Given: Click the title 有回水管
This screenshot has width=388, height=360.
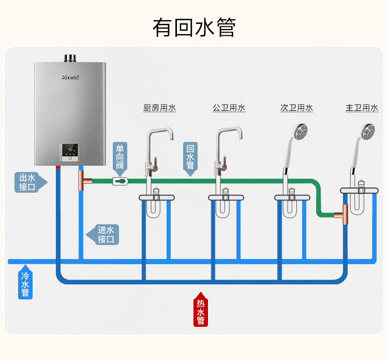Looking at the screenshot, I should (194, 27).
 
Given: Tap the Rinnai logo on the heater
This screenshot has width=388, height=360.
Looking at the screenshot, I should (70, 77).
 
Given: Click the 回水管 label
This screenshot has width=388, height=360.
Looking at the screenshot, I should (190, 156).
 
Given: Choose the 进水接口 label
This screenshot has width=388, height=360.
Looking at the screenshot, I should (106, 234).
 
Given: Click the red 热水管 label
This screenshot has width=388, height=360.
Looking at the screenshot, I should (201, 311).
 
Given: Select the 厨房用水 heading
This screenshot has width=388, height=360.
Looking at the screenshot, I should (159, 108).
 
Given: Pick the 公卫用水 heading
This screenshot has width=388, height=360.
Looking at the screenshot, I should (229, 108).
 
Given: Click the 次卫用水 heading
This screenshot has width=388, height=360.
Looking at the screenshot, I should (296, 108).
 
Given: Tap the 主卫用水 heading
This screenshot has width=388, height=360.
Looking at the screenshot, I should (362, 108).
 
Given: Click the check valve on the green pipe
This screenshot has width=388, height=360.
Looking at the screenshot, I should (120, 181).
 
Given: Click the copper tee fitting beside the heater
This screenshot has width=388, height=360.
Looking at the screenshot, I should (83, 181).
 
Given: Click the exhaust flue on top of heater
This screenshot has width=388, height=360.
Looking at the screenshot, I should (70, 57).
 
